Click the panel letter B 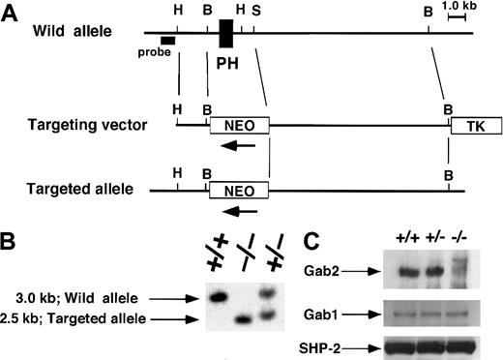click(x=11, y=243)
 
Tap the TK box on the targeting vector click(x=466, y=125)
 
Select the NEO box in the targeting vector click(x=239, y=125)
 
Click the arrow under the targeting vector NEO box click(x=235, y=146)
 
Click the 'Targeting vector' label click(x=84, y=126)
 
